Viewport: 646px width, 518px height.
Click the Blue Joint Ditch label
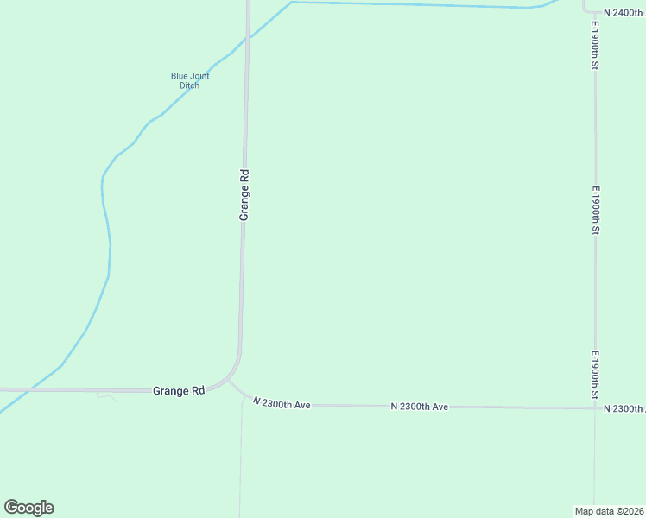pos(190,80)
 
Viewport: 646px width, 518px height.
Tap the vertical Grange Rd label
pos(244,194)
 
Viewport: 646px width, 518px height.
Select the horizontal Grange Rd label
pos(179,390)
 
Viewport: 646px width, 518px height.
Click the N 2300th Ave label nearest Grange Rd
pos(282,402)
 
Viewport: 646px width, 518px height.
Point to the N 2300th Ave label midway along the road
pos(419,406)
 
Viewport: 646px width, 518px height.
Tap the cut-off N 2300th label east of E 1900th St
pos(624,408)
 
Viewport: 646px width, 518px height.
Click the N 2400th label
pos(624,13)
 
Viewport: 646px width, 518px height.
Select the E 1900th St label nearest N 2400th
pos(595,48)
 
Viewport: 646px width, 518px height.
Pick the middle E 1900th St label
pos(595,210)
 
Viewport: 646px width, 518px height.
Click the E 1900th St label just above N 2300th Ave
pos(595,375)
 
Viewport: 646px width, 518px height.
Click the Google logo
pos(28,508)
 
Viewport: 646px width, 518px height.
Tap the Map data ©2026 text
pos(610,510)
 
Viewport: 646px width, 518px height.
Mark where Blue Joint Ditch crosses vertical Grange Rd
pos(247,39)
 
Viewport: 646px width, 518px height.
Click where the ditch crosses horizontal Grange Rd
pos(29,389)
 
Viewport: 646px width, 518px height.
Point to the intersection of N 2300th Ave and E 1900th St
pos(595,407)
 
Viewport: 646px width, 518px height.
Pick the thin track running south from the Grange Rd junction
pos(241,458)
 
